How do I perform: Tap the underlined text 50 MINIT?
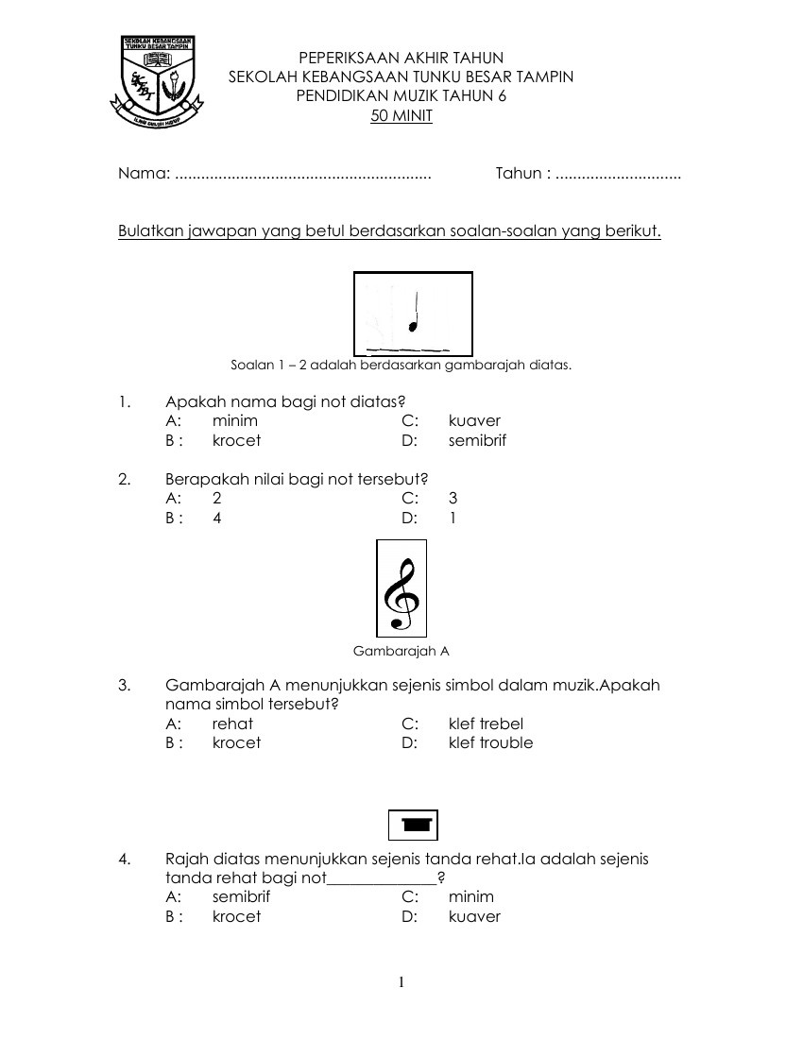(x=401, y=116)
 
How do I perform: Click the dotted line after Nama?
(x=303, y=175)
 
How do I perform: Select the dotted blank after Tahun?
(x=618, y=175)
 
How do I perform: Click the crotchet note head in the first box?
(x=412, y=327)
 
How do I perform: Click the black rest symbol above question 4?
(x=413, y=825)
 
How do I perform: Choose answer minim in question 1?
(x=235, y=420)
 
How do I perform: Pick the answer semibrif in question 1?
(x=478, y=440)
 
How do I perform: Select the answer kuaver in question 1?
(x=474, y=420)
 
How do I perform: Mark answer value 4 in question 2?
(x=217, y=518)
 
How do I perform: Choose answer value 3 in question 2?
(x=453, y=498)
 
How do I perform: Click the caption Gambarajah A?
(x=401, y=651)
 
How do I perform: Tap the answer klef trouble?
(x=490, y=742)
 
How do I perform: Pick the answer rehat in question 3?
(x=232, y=724)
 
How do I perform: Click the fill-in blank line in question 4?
(x=382, y=880)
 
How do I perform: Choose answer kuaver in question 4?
(x=474, y=916)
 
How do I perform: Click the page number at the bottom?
(x=401, y=982)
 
